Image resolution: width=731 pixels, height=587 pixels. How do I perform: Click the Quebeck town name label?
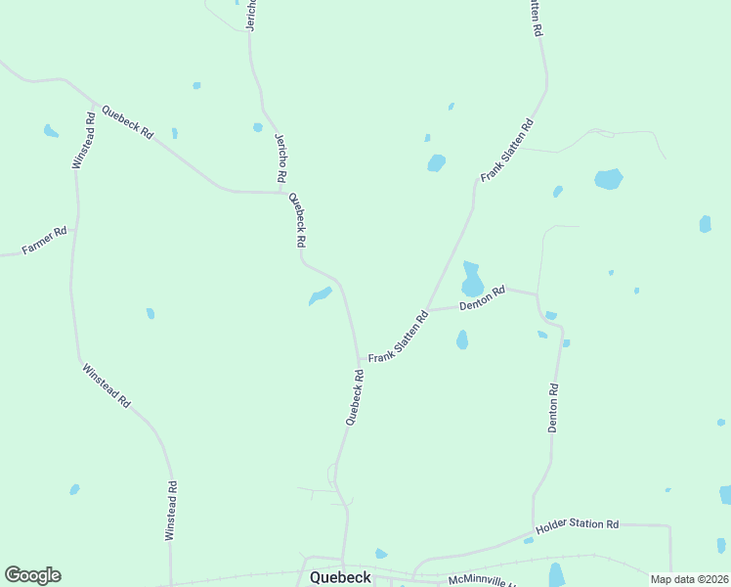click(x=340, y=577)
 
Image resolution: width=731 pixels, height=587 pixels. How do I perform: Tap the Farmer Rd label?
click(x=44, y=241)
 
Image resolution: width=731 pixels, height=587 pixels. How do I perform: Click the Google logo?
click(x=32, y=575)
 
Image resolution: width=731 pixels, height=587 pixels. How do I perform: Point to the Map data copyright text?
click(x=690, y=579)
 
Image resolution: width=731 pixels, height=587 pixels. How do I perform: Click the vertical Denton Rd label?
click(x=553, y=408)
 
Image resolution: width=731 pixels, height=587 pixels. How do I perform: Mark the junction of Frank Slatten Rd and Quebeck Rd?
click(x=360, y=358)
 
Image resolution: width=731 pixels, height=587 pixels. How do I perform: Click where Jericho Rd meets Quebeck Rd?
click(x=284, y=193)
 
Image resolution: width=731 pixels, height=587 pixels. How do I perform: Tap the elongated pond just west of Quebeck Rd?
click(x=321, y=294)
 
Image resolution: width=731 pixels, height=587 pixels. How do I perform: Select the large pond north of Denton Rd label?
click(x=472, y=280)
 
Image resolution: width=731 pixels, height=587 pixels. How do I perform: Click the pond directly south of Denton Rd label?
click(x=462, y=339)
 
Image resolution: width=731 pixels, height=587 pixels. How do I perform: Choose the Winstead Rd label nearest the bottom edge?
click(x=171, y=511)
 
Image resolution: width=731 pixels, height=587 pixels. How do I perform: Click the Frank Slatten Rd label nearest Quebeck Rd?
click(x=399, y=338)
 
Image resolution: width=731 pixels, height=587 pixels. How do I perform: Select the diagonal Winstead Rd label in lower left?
click(x=106, y=385)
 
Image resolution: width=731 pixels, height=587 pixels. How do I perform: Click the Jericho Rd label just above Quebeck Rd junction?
click(x=280, y=158)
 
